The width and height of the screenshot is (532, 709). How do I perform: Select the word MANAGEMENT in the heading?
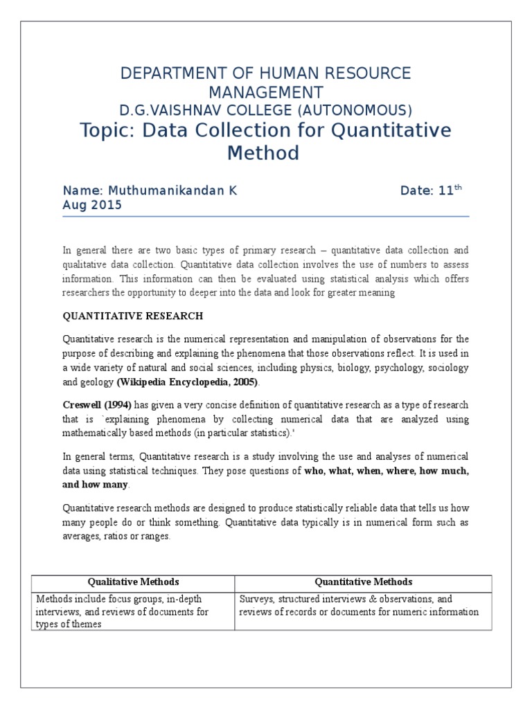265,92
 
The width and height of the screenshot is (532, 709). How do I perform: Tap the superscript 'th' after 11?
457,187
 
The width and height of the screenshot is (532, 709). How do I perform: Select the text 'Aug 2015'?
92,205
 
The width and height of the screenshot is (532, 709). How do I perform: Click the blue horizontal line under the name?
265,216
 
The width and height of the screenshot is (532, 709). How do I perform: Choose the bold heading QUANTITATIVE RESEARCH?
133,316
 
